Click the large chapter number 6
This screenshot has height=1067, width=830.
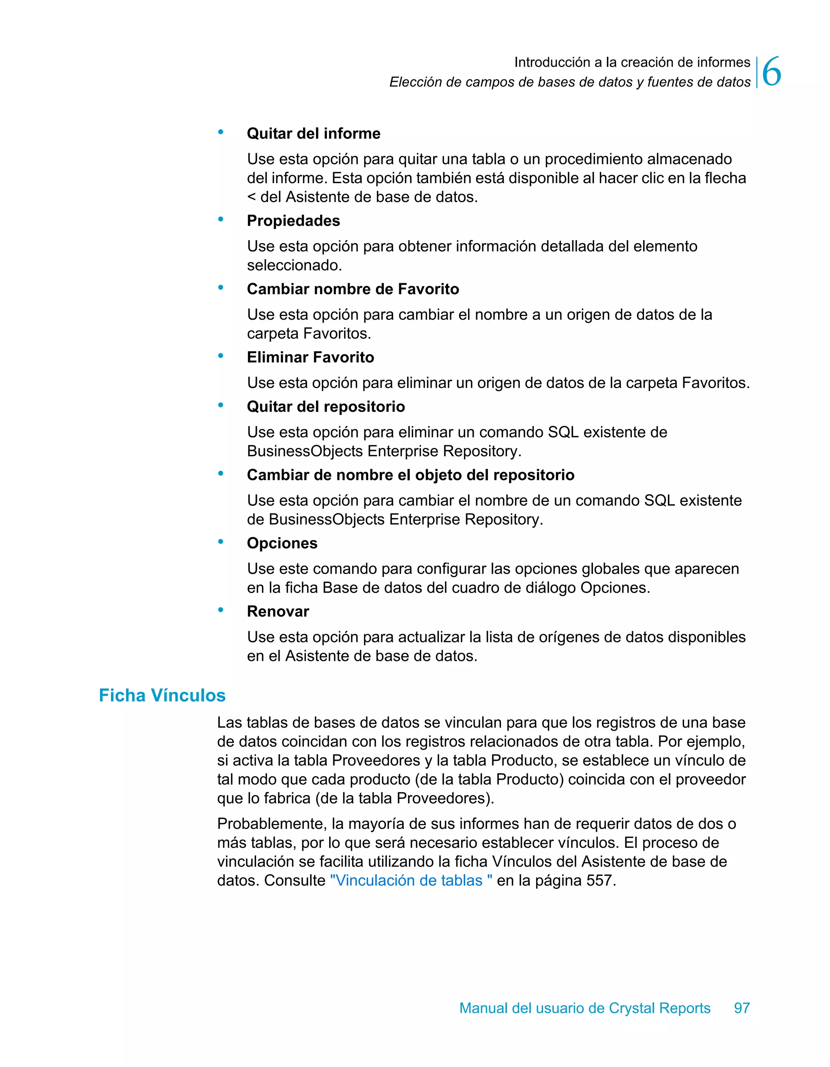click(x=771, y=72)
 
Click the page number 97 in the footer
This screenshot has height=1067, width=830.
click(x=742, y=1007)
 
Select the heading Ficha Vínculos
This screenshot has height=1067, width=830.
click(x=162, y=695)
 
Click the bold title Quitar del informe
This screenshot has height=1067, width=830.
click(x=313, y=133)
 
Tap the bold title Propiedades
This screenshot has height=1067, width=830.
click(x=293, y=220)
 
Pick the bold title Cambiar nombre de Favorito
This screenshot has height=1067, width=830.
click(x=353, y=289)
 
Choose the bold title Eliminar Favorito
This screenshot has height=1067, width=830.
click(x=310, y=357)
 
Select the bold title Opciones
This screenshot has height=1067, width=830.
click(x=282, y=543)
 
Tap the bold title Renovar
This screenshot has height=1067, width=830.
click(x=278, y=611)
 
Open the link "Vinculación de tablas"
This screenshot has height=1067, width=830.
click(x=411, y=880)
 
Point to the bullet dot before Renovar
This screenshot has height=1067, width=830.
click(x=220, y=610)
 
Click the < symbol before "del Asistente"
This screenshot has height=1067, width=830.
click(x=251, y=197)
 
